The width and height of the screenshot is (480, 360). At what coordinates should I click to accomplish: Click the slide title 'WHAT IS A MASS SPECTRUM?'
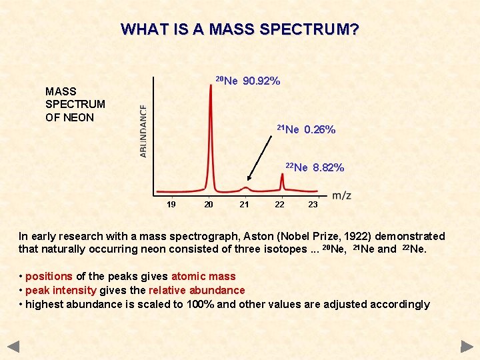tap(240, 29)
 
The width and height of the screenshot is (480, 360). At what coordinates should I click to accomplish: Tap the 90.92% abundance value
tap(261, 81)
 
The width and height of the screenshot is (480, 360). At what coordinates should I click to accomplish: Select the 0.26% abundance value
tap(319, 130)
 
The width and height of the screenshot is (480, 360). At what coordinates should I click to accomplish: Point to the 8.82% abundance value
tap(328, 167)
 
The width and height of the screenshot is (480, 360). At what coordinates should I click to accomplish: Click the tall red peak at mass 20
tap(212, 133)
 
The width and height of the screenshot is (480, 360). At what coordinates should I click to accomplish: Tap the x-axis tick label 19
tap(171, 205)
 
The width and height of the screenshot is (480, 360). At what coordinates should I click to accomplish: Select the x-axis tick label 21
tap(244, 205)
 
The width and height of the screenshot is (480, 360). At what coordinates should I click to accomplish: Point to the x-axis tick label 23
tap(313, 205)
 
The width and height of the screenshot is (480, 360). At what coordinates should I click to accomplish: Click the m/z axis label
tap(341, 195)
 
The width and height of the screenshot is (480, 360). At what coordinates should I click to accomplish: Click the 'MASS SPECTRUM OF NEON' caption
tap(75, 104)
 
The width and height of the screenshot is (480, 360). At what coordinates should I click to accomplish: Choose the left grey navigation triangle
tap(13, 346)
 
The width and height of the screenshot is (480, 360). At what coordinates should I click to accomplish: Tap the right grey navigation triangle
tap(467, 346)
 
